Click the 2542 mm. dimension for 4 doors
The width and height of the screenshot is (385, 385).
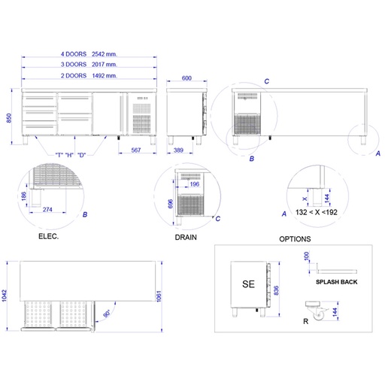click(x=105, y=54)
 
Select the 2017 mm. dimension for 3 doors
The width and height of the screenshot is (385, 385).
click(x=105, y=65)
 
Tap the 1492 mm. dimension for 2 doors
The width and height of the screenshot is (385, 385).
click(x=105, y=76)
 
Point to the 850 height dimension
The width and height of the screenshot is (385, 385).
click(x=9, y=118)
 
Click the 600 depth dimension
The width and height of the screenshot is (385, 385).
click(x=186, y=78)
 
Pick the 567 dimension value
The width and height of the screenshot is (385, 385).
click(x=136, y=150)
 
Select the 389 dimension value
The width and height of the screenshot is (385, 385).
click(x=178, y=150)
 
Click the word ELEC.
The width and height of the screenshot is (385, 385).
click(x=49, y=236)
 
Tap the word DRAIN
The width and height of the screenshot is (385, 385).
click(x=186, y=238)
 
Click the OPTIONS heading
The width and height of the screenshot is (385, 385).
click(x=295, y=239)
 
